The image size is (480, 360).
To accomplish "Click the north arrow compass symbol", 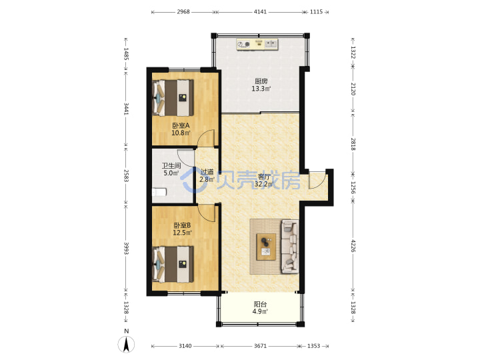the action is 126,344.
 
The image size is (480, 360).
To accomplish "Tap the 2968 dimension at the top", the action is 183,12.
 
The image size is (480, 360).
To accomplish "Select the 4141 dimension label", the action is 260,12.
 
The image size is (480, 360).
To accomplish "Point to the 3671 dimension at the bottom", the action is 260,346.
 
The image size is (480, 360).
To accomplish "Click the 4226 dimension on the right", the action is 353,246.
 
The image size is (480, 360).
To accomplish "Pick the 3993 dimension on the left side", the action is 126,248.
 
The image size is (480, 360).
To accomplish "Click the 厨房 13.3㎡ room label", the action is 261,85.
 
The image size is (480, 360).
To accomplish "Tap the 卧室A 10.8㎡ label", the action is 181,129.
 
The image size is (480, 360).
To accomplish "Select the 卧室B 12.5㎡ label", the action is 183,229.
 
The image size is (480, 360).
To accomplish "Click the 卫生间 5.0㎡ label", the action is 171,169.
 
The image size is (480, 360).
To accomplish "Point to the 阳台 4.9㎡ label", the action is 260,308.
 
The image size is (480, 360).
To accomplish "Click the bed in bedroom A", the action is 173,97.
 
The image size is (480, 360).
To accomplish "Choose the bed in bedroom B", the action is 173,264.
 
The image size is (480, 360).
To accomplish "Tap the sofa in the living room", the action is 289,246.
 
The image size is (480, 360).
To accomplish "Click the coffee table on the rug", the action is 266,247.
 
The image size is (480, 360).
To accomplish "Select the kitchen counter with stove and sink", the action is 257,45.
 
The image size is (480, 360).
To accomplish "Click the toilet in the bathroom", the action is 159,192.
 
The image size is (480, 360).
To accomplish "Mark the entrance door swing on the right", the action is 317,181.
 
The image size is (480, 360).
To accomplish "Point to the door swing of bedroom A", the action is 206,139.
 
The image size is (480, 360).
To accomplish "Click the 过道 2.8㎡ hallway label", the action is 207,176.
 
